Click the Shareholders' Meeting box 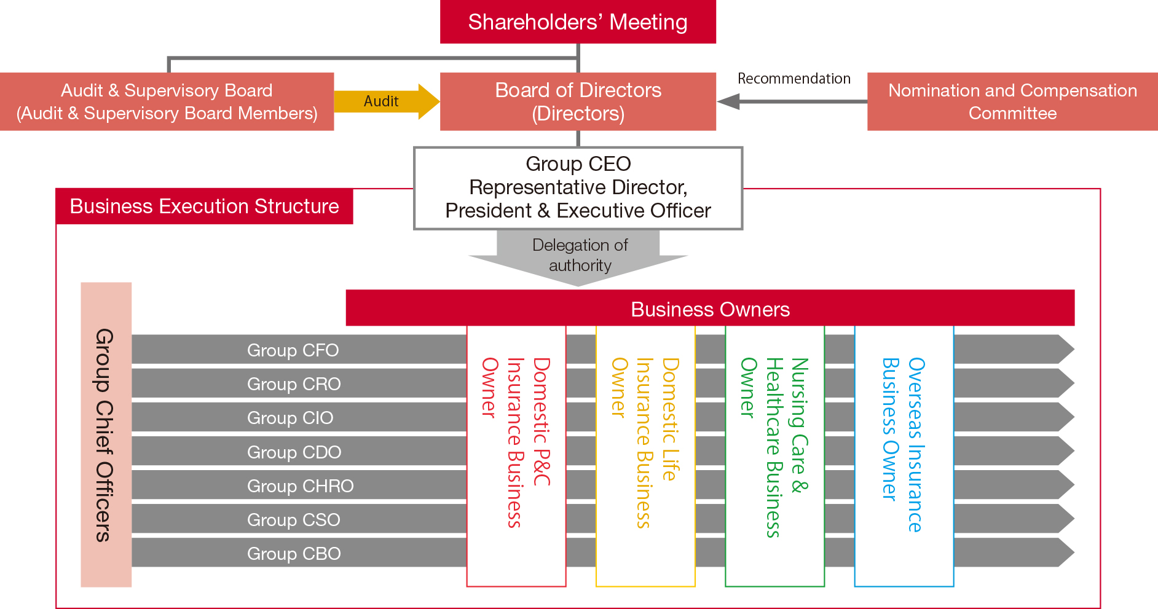[x=578, y=22]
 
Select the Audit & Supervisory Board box [x=167, y=101]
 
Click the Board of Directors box [x=578, y=101]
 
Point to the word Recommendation [x=794, y=79]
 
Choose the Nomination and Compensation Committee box [x=1012, y=101]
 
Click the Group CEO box [x=578, y=188]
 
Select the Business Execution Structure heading [x=204, y=206]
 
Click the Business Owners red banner [x=710, y=308]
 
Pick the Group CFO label [x=293, y=350]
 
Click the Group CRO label [x=294, y=384]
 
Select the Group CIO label [x=290, y=418]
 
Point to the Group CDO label [x=294, y=452]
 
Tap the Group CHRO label [x=300, y=486]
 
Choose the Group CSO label [x=293, y=520]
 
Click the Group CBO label [x=294, y=554]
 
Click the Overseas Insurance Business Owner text [x=904, y=444]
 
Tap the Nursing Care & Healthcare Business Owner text [x=774, y=447]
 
